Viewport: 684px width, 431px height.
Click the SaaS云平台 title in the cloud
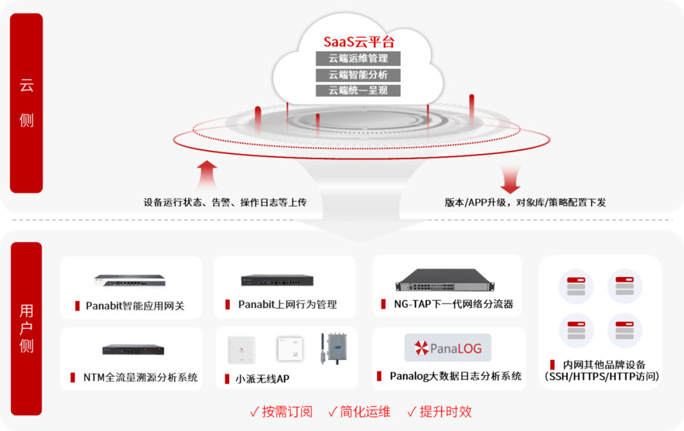(358, 42)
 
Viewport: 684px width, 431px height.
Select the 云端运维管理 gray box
(358, 59)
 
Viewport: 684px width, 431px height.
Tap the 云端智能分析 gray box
(358, 75)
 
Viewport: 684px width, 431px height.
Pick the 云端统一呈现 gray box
(358, 90)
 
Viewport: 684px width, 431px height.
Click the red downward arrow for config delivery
(510, 179)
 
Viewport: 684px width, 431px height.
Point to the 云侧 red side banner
(27, 103)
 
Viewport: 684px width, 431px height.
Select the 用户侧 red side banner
(27, 328)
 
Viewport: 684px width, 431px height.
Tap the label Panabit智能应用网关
(135, 306)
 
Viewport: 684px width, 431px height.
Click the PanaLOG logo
(448, 348)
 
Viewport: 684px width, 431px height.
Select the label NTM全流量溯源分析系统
(141, 378)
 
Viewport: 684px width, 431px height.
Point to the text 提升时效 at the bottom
(446, 412)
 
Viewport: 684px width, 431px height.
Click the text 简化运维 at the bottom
(367, 412)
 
